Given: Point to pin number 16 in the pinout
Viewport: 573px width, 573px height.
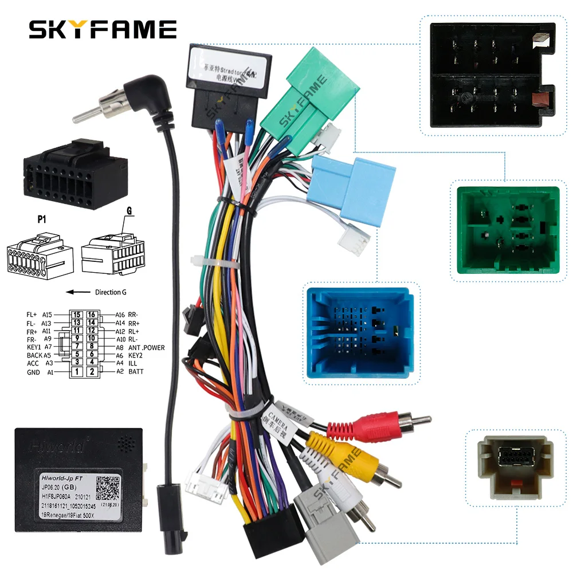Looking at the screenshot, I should coord(91,315).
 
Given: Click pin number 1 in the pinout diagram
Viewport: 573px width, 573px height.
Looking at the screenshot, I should coord(76,372).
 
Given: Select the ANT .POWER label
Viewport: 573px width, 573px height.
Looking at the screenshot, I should coord(146,347).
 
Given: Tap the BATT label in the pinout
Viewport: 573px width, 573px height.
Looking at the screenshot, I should coord(136,372).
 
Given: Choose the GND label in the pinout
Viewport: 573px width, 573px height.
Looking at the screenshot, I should coord(33,372).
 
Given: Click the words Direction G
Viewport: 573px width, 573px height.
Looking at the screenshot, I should coord(111,292).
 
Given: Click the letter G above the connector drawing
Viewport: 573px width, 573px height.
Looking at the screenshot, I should coord(129,211).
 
